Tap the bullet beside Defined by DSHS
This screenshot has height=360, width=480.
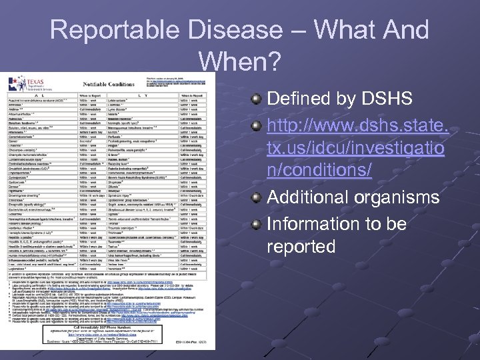pos(256,99)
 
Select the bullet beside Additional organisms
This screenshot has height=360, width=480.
pos(256,198)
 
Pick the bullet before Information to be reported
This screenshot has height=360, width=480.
pos(256,223)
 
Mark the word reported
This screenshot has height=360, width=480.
pos(301,247)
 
